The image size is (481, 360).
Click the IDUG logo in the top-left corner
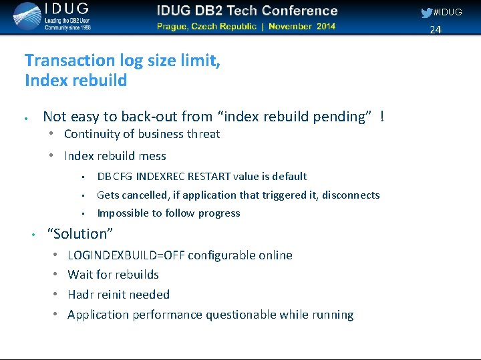click(50, 17)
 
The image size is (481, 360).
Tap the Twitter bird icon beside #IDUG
click(426, 13)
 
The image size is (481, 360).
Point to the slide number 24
click(436, 29)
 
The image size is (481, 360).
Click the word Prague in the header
click(176, 27)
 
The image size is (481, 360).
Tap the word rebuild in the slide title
click(101, 81)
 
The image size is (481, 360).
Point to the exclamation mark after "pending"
click(381, 117)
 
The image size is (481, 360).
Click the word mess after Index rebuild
click(153, 156)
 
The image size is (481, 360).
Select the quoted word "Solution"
click(80, 234)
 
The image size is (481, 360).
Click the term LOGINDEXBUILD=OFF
click(126, 255)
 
